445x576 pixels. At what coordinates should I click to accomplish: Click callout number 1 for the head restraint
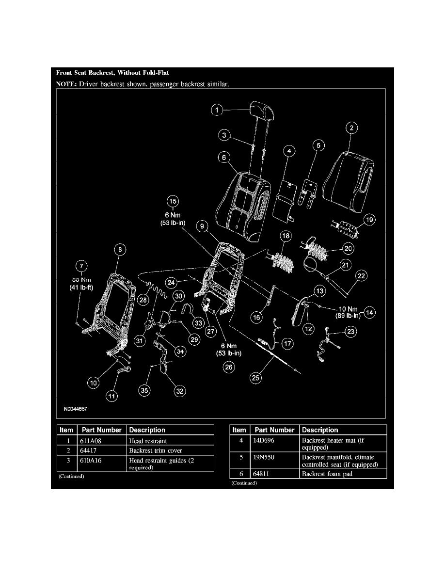coord(218,110)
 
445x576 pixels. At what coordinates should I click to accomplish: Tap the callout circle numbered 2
coord(351,128)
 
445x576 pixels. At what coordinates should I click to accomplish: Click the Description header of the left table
coord(147,430)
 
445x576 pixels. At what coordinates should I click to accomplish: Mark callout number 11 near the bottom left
coord(112,396)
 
